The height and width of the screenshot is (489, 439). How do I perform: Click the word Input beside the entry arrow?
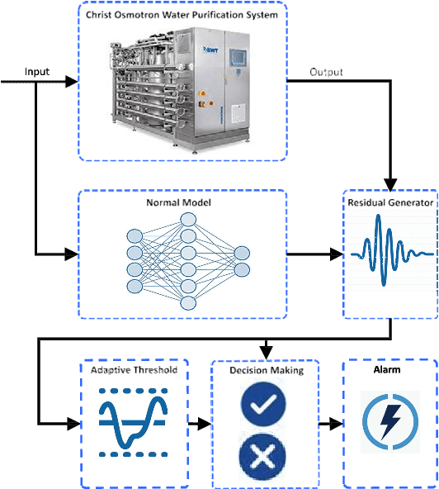[x=37, y=72]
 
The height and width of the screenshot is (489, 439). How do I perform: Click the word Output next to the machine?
[x=328, y=72]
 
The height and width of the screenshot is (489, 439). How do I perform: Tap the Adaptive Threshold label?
[x=134, y=369]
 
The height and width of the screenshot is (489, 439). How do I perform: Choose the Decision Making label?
[x=266, y=370]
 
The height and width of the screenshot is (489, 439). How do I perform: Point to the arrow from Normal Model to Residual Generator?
[x=314, y=253]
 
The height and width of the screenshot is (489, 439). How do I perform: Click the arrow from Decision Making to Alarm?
[x=330, y=424]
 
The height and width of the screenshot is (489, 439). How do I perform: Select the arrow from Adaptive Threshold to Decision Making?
[x=200, y=424]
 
